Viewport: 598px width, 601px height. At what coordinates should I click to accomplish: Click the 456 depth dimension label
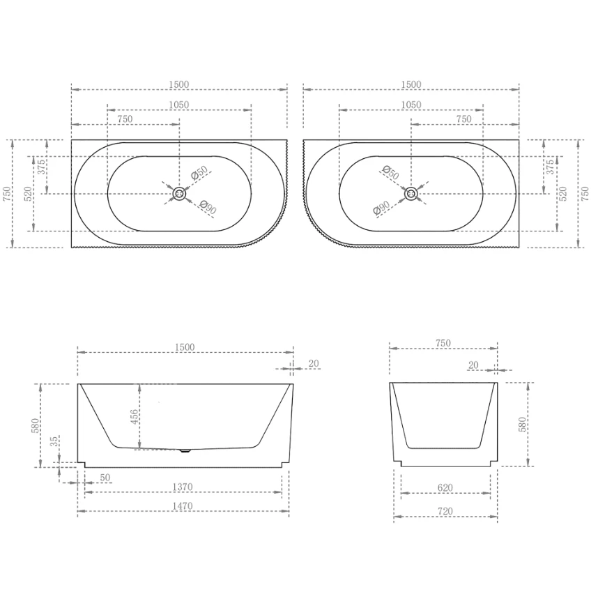coord(134,417)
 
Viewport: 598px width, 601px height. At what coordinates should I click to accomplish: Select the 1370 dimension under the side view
coord(183,487)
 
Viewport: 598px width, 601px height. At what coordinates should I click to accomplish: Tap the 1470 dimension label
coord(183,506)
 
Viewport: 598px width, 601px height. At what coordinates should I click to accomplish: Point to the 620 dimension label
coord(445,487)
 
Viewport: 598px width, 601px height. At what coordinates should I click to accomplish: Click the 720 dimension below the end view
coord(445,511)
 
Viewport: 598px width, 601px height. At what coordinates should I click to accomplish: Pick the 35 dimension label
coord(55,441)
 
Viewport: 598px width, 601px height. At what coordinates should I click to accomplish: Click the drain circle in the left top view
coord(179,194)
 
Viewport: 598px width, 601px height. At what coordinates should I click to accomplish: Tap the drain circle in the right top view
coord(411,194)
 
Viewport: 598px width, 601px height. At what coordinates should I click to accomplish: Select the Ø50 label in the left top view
coord(199,172)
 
